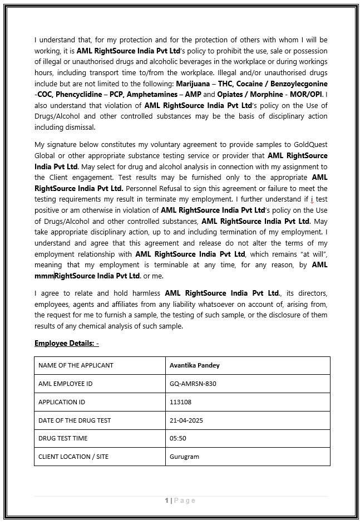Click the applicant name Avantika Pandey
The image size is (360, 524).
click(194, 365)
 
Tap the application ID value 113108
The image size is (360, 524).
click(180, 401)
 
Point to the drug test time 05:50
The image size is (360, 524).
click(177, 438)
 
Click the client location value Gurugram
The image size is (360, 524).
click(184, 457)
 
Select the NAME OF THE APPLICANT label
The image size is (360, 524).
click(76, 365)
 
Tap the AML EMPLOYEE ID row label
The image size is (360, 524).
click(65, 384)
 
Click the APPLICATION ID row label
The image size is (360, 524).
click(61, 401)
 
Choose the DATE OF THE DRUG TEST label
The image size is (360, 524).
click(75, 420)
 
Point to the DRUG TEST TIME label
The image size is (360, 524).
click(63, 438)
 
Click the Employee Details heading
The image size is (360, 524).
click(66, 343)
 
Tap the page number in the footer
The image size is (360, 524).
click(166, 501)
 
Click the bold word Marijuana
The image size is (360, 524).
click(193, 83)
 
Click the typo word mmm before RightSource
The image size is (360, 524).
click(44, 276)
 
